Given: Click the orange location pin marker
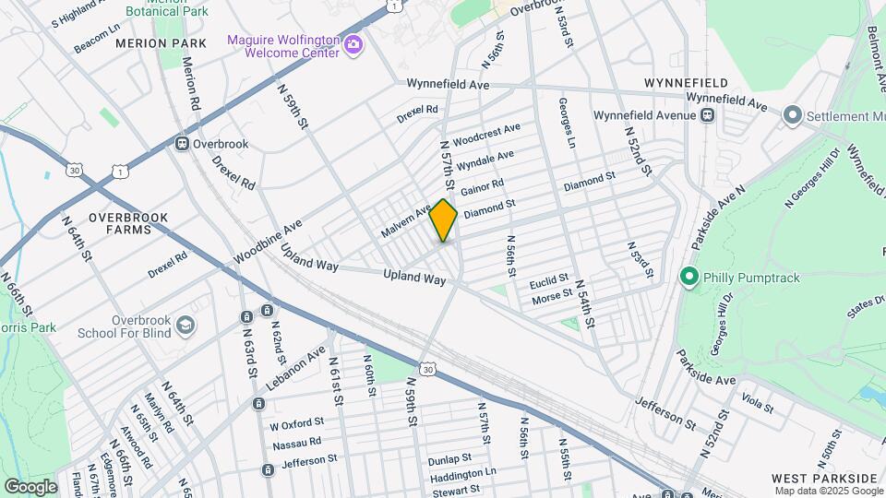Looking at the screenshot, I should point(443,220).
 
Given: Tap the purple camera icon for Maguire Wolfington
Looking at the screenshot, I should point(353,44).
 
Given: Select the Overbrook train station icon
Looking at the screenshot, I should point(182,144).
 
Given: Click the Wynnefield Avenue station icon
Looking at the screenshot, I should point(708,115).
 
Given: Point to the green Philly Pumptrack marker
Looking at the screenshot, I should point(688,277).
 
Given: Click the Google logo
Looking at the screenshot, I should point(30,486).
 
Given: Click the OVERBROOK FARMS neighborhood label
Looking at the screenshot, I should point(128,223).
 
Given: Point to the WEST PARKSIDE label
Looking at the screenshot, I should point(824,478).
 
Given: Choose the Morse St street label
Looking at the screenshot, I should point(553,299).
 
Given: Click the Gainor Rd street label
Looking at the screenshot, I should point(482,187).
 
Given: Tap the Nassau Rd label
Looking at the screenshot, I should point(295,443).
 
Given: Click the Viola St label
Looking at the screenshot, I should point(756,402).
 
